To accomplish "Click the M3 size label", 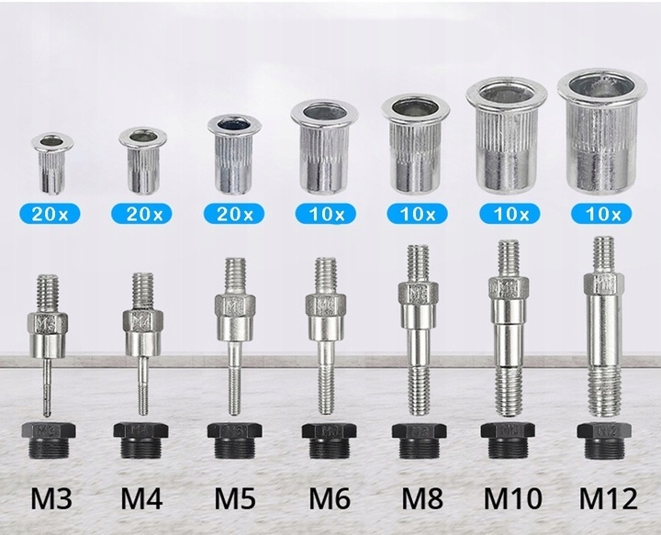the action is (51, 498).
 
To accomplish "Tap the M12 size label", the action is (608, 498).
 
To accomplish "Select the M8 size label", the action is (422, 498).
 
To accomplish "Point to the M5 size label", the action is (235, 498).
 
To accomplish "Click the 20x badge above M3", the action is (50, 215).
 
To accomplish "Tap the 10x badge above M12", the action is (601, 215).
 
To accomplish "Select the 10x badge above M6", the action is (326, 215).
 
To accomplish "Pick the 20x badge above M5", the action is (234, 215).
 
